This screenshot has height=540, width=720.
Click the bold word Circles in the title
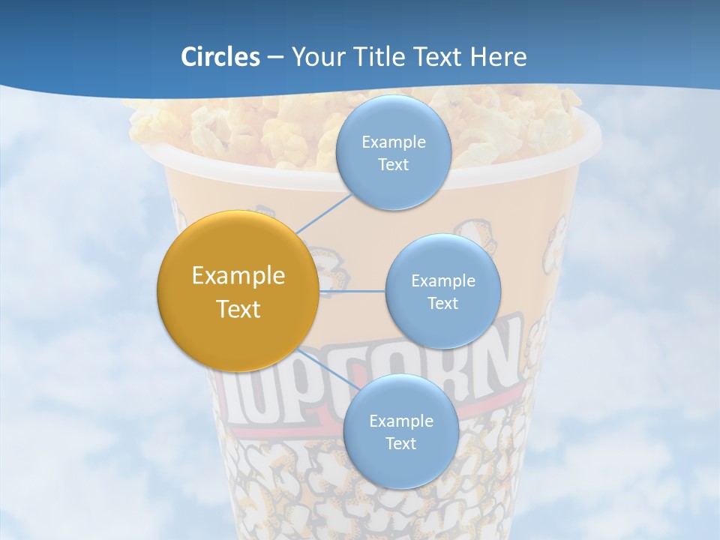click(220, 57)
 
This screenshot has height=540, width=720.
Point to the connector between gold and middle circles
click(352, 291)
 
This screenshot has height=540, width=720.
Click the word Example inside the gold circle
click(238, 276)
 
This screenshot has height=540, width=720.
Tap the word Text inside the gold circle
click(238, 309)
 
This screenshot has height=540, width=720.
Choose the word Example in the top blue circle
click(393, 142)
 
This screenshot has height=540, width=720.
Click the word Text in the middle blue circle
click(442, 303)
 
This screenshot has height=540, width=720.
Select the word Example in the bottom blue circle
click(400, 421)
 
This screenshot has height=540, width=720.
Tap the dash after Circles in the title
click(275, 57)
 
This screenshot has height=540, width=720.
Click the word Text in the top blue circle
click(393, 165)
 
